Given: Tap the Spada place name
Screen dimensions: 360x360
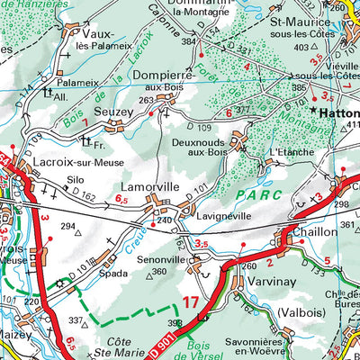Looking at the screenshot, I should point(113,271).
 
